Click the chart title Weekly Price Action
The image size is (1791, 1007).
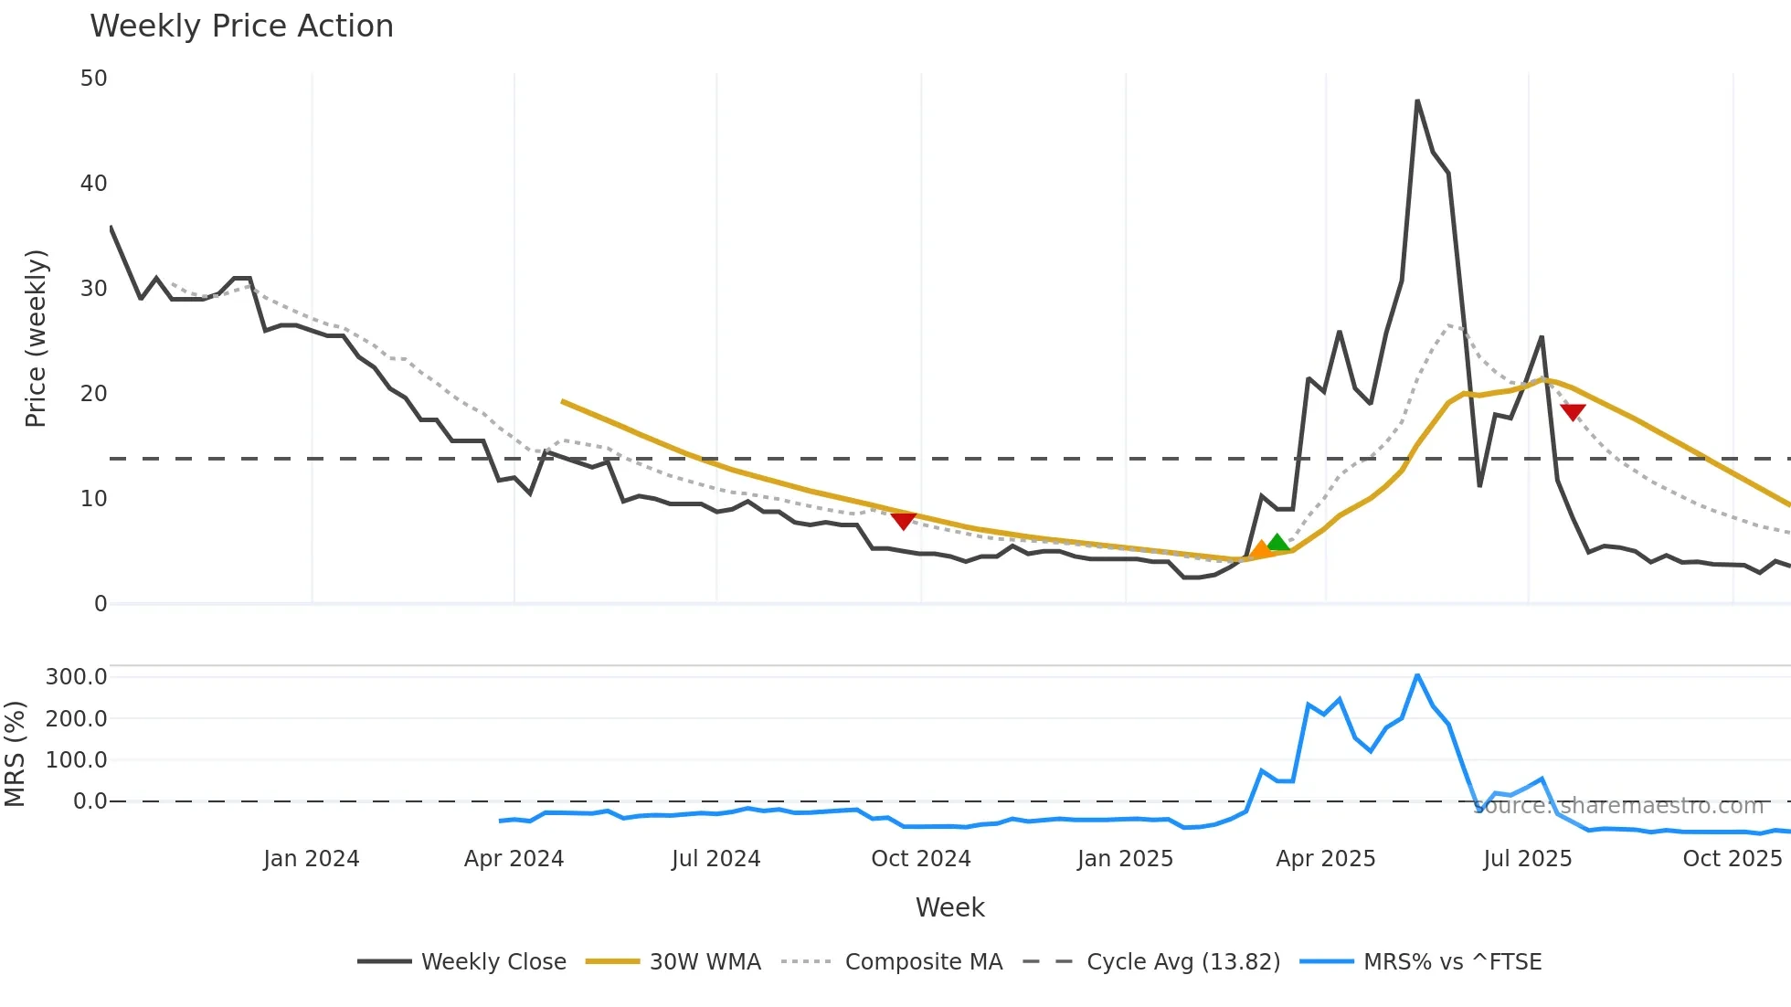[x=241, y=26]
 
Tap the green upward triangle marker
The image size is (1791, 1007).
[x=1277, y=543]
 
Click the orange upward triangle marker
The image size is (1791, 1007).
[x=1261, y=549]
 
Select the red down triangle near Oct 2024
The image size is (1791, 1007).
[x=903, y=521]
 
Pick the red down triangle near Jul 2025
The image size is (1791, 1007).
[x=1573, y=412]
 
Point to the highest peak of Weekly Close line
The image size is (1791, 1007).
[x=1417, y=101]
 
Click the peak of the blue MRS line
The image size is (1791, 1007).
[x=1417, y=675]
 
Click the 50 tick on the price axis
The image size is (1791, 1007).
[x=94, y=79]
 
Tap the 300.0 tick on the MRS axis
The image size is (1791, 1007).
[x=77, y=677]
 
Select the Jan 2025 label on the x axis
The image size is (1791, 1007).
[x=1125, y=859]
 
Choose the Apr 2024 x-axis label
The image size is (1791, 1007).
[x=514, y=859]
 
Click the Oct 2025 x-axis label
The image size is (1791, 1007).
[x=1732, y=859]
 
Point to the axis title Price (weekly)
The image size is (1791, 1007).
[x=36, y=338]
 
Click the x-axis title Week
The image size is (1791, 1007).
[x=949, y=907]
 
